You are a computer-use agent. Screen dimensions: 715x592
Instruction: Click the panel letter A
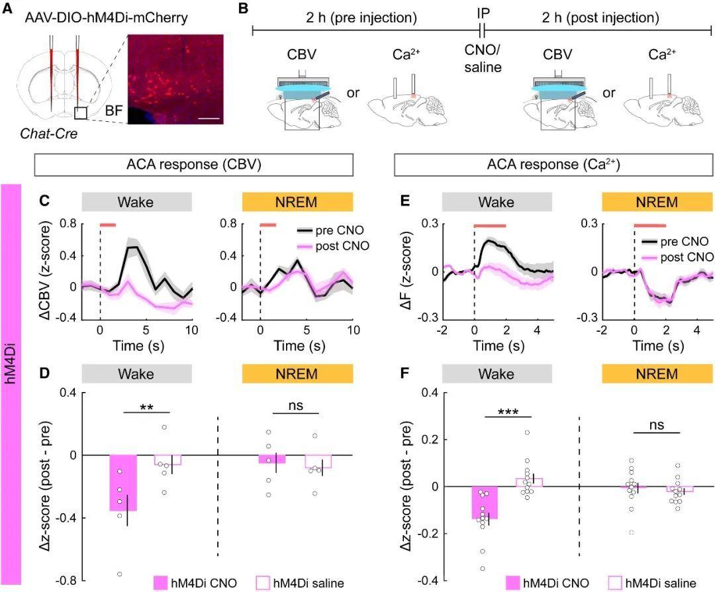pos(8,9)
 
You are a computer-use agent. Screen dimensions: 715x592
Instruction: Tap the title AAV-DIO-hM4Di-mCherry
pos(106,18)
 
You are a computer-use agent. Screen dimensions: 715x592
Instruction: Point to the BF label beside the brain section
pos(114,111)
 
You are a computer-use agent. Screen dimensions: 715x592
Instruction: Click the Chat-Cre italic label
pos(49,134)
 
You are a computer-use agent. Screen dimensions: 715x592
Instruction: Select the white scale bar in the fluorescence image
pos(209,119)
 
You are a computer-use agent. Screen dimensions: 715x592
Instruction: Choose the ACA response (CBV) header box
pos(194,165)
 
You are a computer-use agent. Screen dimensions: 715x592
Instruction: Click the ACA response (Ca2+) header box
pos(553,165)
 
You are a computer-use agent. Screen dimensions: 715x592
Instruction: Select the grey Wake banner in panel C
pos(137,202)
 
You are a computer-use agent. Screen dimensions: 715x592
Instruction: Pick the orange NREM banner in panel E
pos(657,202)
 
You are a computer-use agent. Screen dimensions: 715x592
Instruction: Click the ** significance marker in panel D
pos(146,407)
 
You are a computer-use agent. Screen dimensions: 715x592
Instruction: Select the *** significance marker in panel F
pos(508,412)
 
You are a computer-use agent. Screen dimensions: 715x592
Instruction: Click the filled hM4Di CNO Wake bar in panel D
pos(123,483)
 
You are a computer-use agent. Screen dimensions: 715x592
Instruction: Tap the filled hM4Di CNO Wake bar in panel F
pos(484,503)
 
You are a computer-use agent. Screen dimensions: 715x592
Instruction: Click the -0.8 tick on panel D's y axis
pos(66,581)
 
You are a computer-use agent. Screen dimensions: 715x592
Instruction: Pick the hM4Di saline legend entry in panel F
pos(653,583)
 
